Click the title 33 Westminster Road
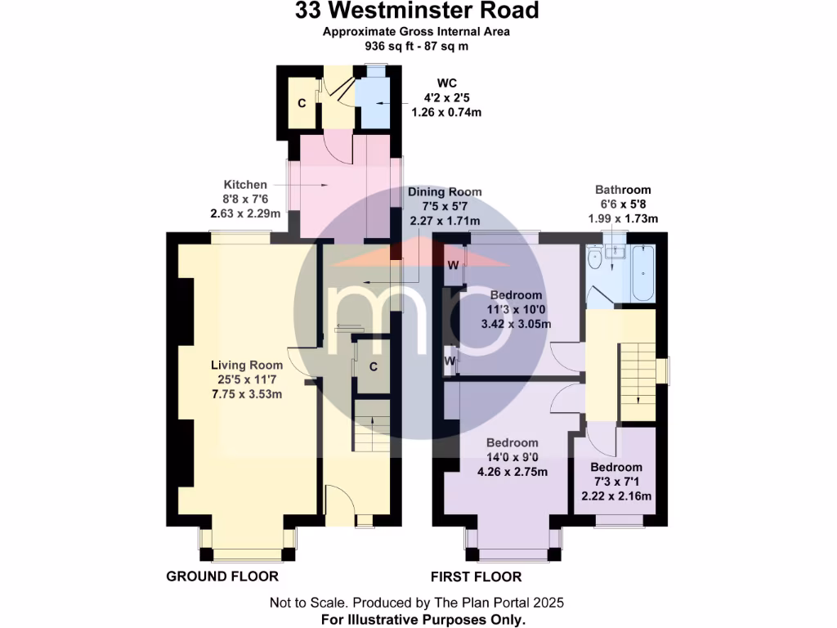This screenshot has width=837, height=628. click(x=418, y=11)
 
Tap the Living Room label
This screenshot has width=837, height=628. click(x=247, y=365)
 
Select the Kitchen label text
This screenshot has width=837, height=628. click(x=245, y=185)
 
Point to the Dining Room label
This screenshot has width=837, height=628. click(x=445, y=191)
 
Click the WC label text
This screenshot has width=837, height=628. click(x=446, y=83)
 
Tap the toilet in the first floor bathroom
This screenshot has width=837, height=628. click(x=597, y=259)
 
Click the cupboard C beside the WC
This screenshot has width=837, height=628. click(x=302, y=103)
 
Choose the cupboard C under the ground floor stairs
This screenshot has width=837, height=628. click(x=373, y=366)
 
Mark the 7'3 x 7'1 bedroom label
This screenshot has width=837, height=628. click(x=616, y=468)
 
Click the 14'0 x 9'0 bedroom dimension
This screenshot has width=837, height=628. click(x=512, y=457)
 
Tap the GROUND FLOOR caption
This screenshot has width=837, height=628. click(x=222, y=576)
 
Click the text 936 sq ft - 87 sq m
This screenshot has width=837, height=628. click(x=417, y=47)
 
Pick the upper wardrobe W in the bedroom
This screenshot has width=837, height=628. click(x=452, y=265)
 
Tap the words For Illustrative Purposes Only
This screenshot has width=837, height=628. click(x=422, y=620)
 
